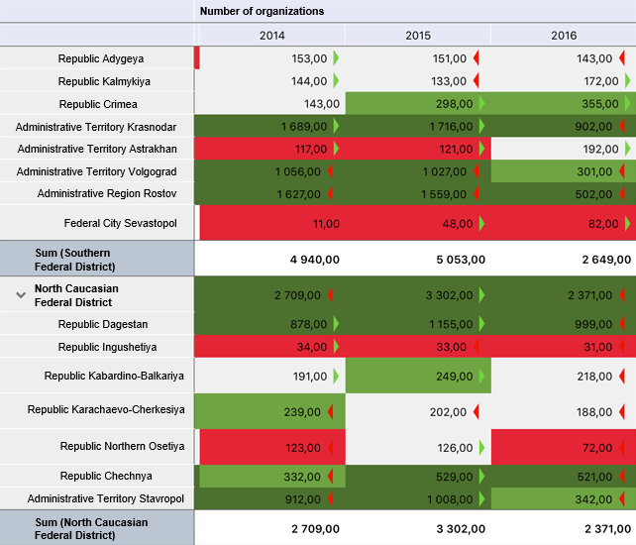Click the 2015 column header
(418, 36)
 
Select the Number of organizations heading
(262, 11)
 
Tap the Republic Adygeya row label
(101, 58)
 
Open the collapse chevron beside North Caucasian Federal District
(21, 294)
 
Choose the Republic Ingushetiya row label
(108, 347)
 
